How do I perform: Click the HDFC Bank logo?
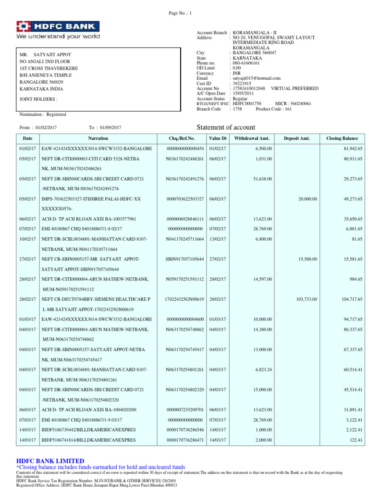[x=58, y=30]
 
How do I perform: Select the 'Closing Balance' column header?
[x=342, y=138]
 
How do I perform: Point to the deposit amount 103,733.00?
[x=307, y=299]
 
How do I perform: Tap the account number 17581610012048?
[x=249, y=88]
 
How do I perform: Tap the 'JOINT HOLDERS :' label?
[x=38, y=99]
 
